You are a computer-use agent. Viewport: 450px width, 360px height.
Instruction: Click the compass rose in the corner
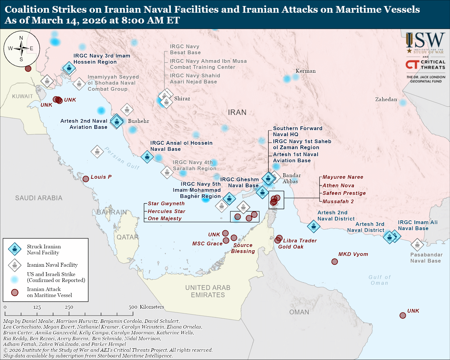coord(22,49)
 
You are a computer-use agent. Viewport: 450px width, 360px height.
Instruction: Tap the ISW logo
coord(425,43)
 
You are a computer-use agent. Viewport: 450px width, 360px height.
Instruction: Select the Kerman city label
coord(306,71)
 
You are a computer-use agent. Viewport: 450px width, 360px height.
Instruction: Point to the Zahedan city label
coord(386,99)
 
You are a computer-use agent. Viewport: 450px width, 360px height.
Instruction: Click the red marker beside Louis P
coord(86,179)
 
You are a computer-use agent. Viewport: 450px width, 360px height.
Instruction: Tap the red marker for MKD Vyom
coord(334,262)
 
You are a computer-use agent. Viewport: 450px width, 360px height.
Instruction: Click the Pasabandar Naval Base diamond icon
coord(417,244)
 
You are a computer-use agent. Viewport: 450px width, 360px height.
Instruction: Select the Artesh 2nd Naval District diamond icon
coord(313,226)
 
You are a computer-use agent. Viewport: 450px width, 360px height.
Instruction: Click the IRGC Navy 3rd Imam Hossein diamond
coord(69,68)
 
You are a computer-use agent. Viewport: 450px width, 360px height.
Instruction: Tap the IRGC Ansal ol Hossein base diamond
coord(147,157)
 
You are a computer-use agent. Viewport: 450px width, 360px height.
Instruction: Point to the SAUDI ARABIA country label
coord(39,198)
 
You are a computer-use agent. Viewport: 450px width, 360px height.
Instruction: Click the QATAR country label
coord(127,237)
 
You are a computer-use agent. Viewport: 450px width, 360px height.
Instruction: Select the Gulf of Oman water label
coord(379,280)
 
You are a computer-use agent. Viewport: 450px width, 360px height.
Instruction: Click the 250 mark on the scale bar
coord(69,307)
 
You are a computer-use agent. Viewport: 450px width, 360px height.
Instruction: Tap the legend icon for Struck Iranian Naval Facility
coord(15,249)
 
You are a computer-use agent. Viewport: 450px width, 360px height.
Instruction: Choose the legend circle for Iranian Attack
coord(15,292)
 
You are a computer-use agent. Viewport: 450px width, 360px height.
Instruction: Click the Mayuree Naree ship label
coord(343,177)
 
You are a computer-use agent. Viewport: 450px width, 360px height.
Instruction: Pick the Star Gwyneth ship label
coord(166,203)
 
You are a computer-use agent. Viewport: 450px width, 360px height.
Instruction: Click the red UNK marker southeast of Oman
coord(403,315)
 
